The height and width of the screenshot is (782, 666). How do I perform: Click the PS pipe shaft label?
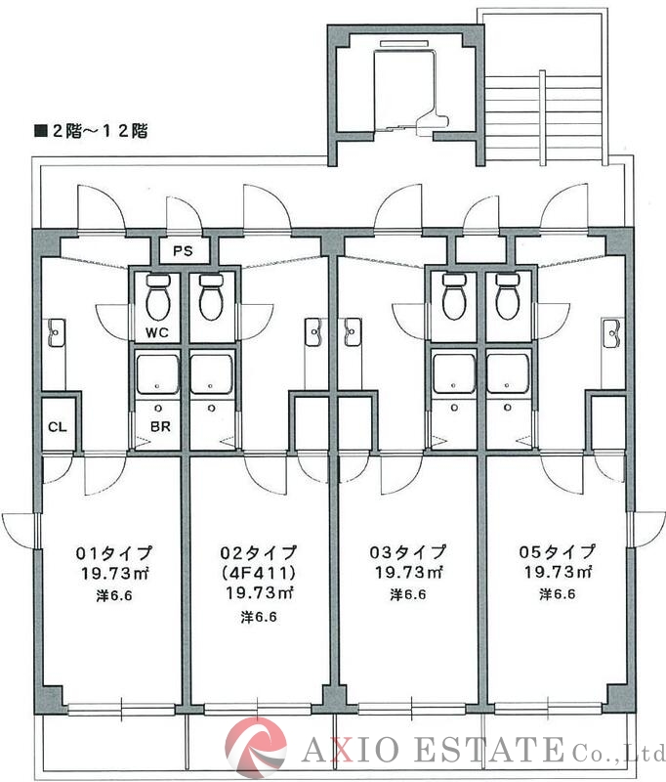pyautogui.click(x=183, y=251)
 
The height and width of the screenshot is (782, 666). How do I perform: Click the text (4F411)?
pyautogui.click(x=259, y=573)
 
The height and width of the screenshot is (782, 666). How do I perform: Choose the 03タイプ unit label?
pyautogui.click(x=408, y=552)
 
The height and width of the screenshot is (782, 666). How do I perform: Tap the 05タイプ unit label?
pyautogui.click(x=557, y=552)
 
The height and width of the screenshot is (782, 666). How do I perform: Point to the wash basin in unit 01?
pyautogui.click(x=57, y=333)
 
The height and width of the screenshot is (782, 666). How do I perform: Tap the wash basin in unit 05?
pyautogui.click(x=611, y=333)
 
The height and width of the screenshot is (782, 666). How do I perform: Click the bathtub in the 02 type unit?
pyautogui.click(x=210, y=374)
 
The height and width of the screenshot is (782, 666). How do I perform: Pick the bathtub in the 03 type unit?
pyautogui.click(x=453, y=374)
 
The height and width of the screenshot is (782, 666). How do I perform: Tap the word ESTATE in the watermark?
pyautogui.click(x=494, y=751)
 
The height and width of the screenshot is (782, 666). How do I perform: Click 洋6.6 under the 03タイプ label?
pyautogui.click(x=408, y=593)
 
